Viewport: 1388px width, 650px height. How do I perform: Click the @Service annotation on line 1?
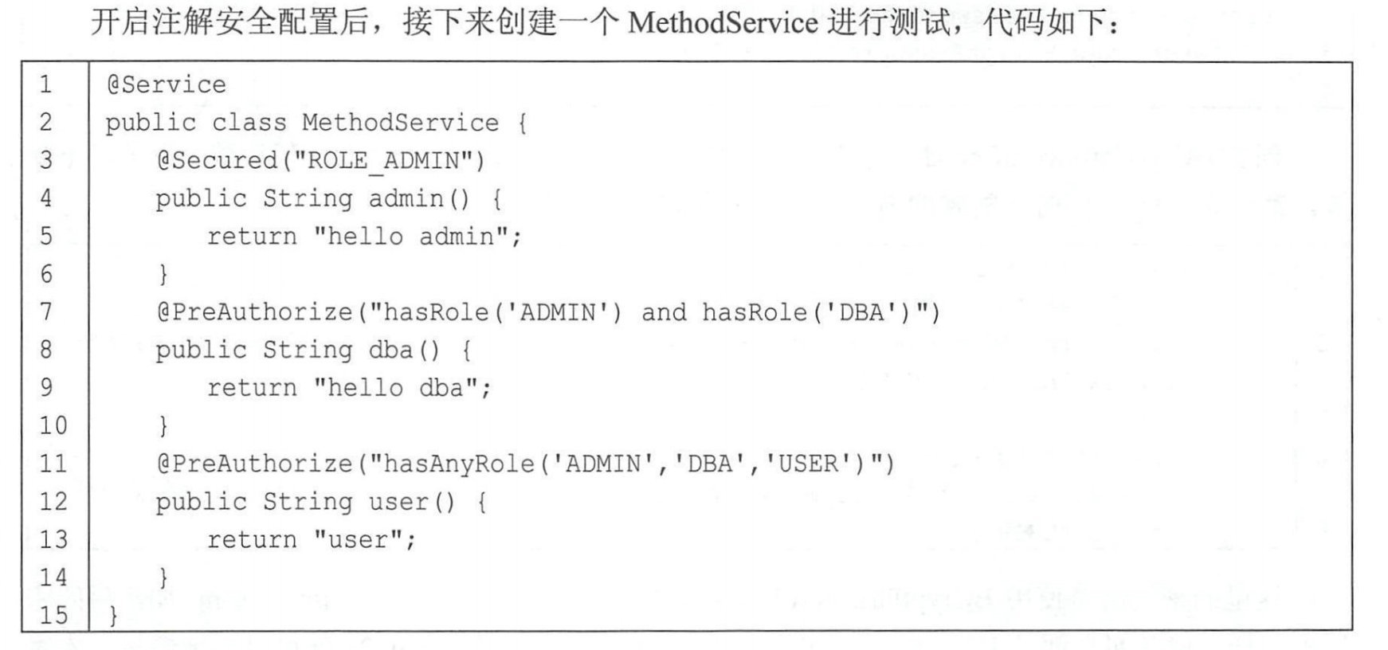coord(167,84)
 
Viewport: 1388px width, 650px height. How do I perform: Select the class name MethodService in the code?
coord(400,123)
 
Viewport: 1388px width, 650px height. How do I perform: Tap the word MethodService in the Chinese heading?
coord(722,22)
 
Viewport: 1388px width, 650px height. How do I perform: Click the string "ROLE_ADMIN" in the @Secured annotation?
coord(383,161)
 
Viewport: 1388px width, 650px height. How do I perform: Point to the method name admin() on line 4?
coord(418,198)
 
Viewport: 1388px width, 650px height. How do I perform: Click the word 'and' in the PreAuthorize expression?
coord(663,312)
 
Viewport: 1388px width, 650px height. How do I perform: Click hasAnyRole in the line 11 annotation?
coord(458,464)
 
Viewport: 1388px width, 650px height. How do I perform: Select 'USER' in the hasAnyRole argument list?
coord(809,464)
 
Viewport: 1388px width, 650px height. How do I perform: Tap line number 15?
coord(53,615)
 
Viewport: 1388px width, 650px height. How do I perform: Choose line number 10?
coord(53,425)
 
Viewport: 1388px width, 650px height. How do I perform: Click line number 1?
coord(46,84)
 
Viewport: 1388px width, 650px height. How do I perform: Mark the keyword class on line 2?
coord(249,123)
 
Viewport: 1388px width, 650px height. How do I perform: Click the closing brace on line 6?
coord(163,275)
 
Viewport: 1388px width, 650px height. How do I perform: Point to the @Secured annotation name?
coord(217,161)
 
